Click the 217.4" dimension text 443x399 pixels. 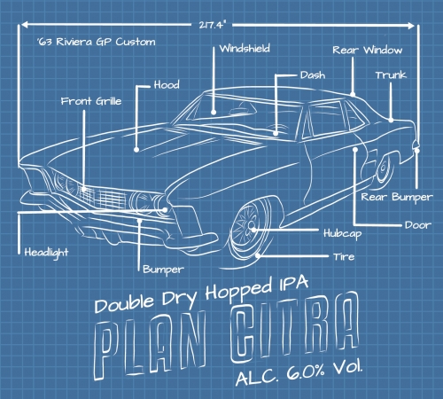pos(212,25)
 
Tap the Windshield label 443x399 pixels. pos(245,49)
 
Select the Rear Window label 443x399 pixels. pos(368,50)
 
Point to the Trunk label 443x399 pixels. pos(391,75)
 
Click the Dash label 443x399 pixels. pos(313,75)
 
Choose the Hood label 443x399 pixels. pos(167,85)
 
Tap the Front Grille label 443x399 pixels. pos(91,101)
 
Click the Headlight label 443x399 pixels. pos(46,253)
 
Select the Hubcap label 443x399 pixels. pos(343,234)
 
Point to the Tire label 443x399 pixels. pos(344,256)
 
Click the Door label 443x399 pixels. pos(418,225)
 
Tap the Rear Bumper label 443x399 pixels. pos(397,198)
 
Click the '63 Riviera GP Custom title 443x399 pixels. pos(97,42)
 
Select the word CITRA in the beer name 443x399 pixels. pos(295,326)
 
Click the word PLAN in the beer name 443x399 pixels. pos(149,348)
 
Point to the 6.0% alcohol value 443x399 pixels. pos(305,372)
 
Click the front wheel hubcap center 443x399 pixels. pos(252,227)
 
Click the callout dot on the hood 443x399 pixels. pos(136,150)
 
